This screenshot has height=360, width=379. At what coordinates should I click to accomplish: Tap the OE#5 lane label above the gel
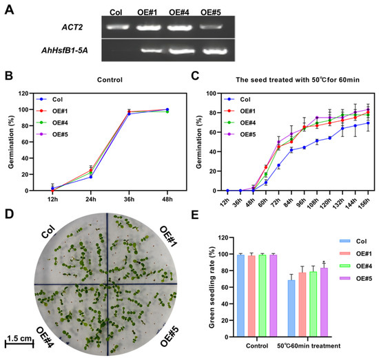pyautogui.click(x=211, y=12)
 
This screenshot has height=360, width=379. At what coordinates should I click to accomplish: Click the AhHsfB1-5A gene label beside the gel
pyautogui.click(x=65, y=50)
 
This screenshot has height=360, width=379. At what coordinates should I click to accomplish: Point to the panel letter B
pyautogui.click(x=9, y=76)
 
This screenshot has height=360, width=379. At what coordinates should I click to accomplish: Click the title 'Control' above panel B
pyautogui.click(x=110, y=80)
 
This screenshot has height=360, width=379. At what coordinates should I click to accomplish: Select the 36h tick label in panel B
pyautogui.click(x=129, y=199)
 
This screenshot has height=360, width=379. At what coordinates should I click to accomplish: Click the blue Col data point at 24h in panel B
pyautogui.click(x=91, y=177)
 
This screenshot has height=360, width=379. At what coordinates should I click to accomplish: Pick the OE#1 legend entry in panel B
pyautogui.click(x=52, y=111)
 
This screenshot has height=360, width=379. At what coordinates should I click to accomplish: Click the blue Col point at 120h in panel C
pyautogui.click(x=329, y=138)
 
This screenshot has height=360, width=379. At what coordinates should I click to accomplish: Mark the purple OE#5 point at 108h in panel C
pyautogui.click(x=317, y=118)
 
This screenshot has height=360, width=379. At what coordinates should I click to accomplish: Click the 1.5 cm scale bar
pyautogui.click(x=19, y=343)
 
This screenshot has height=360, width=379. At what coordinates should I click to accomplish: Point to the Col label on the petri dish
pyautogui.click(x=48, y=231)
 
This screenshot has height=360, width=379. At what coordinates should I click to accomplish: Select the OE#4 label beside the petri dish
pyautogui.click(x=45, y=337)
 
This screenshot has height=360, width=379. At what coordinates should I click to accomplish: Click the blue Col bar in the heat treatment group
pyautogui.click(x=291, y=308)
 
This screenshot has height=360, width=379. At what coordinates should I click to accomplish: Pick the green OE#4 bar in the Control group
pyautogui.click(x=263, y=296)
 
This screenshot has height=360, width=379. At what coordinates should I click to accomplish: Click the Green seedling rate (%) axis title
pyautogui.click(x=212, y=287)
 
